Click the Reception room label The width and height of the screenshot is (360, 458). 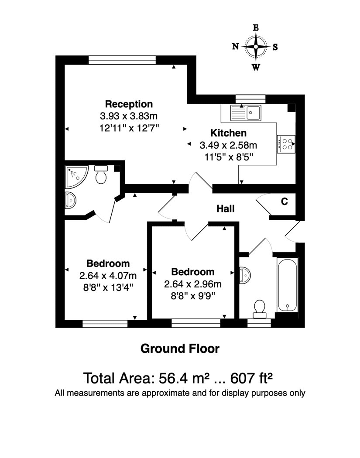coord(129,104)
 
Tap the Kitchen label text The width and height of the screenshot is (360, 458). coord(229,133)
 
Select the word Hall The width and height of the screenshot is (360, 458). coord(226,208)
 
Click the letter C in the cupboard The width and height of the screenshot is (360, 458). coord(285,201)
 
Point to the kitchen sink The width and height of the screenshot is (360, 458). coord(246,113)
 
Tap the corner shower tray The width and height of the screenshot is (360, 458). coord(76,177)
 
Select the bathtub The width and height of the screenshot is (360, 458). coord(288,284)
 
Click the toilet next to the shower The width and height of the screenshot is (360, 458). coord(101,174)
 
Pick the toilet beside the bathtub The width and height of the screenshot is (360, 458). coord(260,309)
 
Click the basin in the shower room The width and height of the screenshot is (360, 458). coord(70,200)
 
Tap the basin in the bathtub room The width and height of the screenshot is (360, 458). coord(245,275)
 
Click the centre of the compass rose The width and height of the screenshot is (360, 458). coord(256,47)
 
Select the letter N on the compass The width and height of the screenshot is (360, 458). coord(235,46)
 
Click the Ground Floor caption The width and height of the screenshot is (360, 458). coord(180,349)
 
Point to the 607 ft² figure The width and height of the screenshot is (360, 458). coord(252,378)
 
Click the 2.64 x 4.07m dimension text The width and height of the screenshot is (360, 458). coord(108,275)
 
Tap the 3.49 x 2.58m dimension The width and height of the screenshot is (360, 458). coord(229,145)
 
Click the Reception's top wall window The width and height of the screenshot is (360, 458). coord(122,60)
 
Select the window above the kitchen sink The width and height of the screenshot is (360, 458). coord(250,99)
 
